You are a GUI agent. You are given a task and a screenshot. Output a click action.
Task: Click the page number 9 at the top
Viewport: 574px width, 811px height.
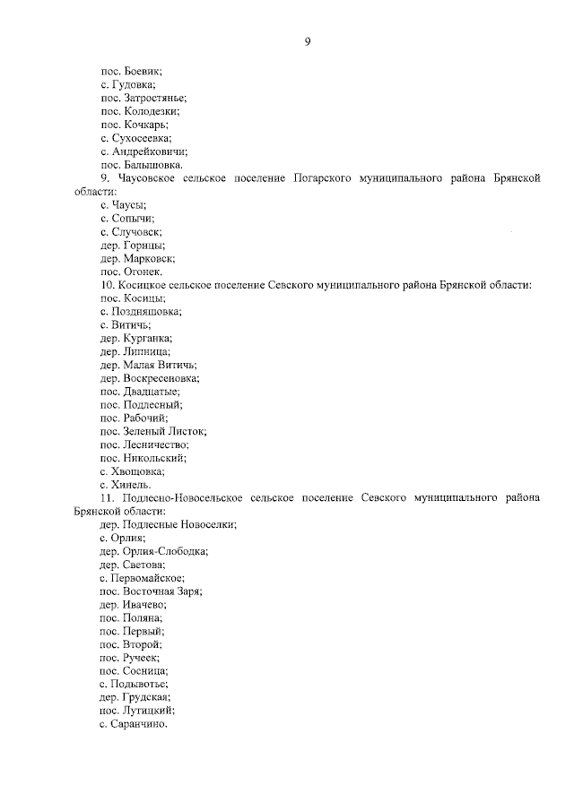[x=307, y=41]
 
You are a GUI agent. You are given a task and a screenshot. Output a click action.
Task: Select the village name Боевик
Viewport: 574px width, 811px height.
[x=143, y=70]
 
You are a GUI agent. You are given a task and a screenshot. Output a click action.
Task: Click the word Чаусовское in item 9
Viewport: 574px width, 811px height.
[x=148, y=179]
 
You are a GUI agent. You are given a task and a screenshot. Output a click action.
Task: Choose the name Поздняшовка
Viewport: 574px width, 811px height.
[x=145, y=312]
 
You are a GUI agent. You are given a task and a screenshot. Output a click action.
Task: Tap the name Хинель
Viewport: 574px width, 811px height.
[x=131, y=484]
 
